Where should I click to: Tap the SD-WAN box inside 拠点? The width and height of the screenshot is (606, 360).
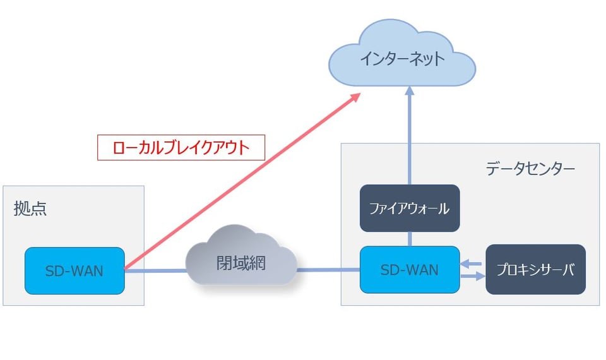pos(74,271)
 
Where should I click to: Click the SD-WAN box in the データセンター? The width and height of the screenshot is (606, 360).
pos(410,270)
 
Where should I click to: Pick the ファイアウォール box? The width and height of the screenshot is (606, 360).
pos(410,208)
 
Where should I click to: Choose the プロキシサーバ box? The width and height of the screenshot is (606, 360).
pos(535,270)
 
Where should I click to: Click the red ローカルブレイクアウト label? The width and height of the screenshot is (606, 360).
pos(181,148)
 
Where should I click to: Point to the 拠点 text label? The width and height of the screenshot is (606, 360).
pos(30,209)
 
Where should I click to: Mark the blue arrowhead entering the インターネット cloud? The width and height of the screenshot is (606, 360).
pos(410,91)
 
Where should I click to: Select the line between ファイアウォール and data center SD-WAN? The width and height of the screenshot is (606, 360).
pos(410,239)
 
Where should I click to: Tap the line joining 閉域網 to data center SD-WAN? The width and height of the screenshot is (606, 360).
pos(328,270)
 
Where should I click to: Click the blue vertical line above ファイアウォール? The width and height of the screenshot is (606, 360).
pos(410,139)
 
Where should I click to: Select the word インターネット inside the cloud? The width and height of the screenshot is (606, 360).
pos(402,59)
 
